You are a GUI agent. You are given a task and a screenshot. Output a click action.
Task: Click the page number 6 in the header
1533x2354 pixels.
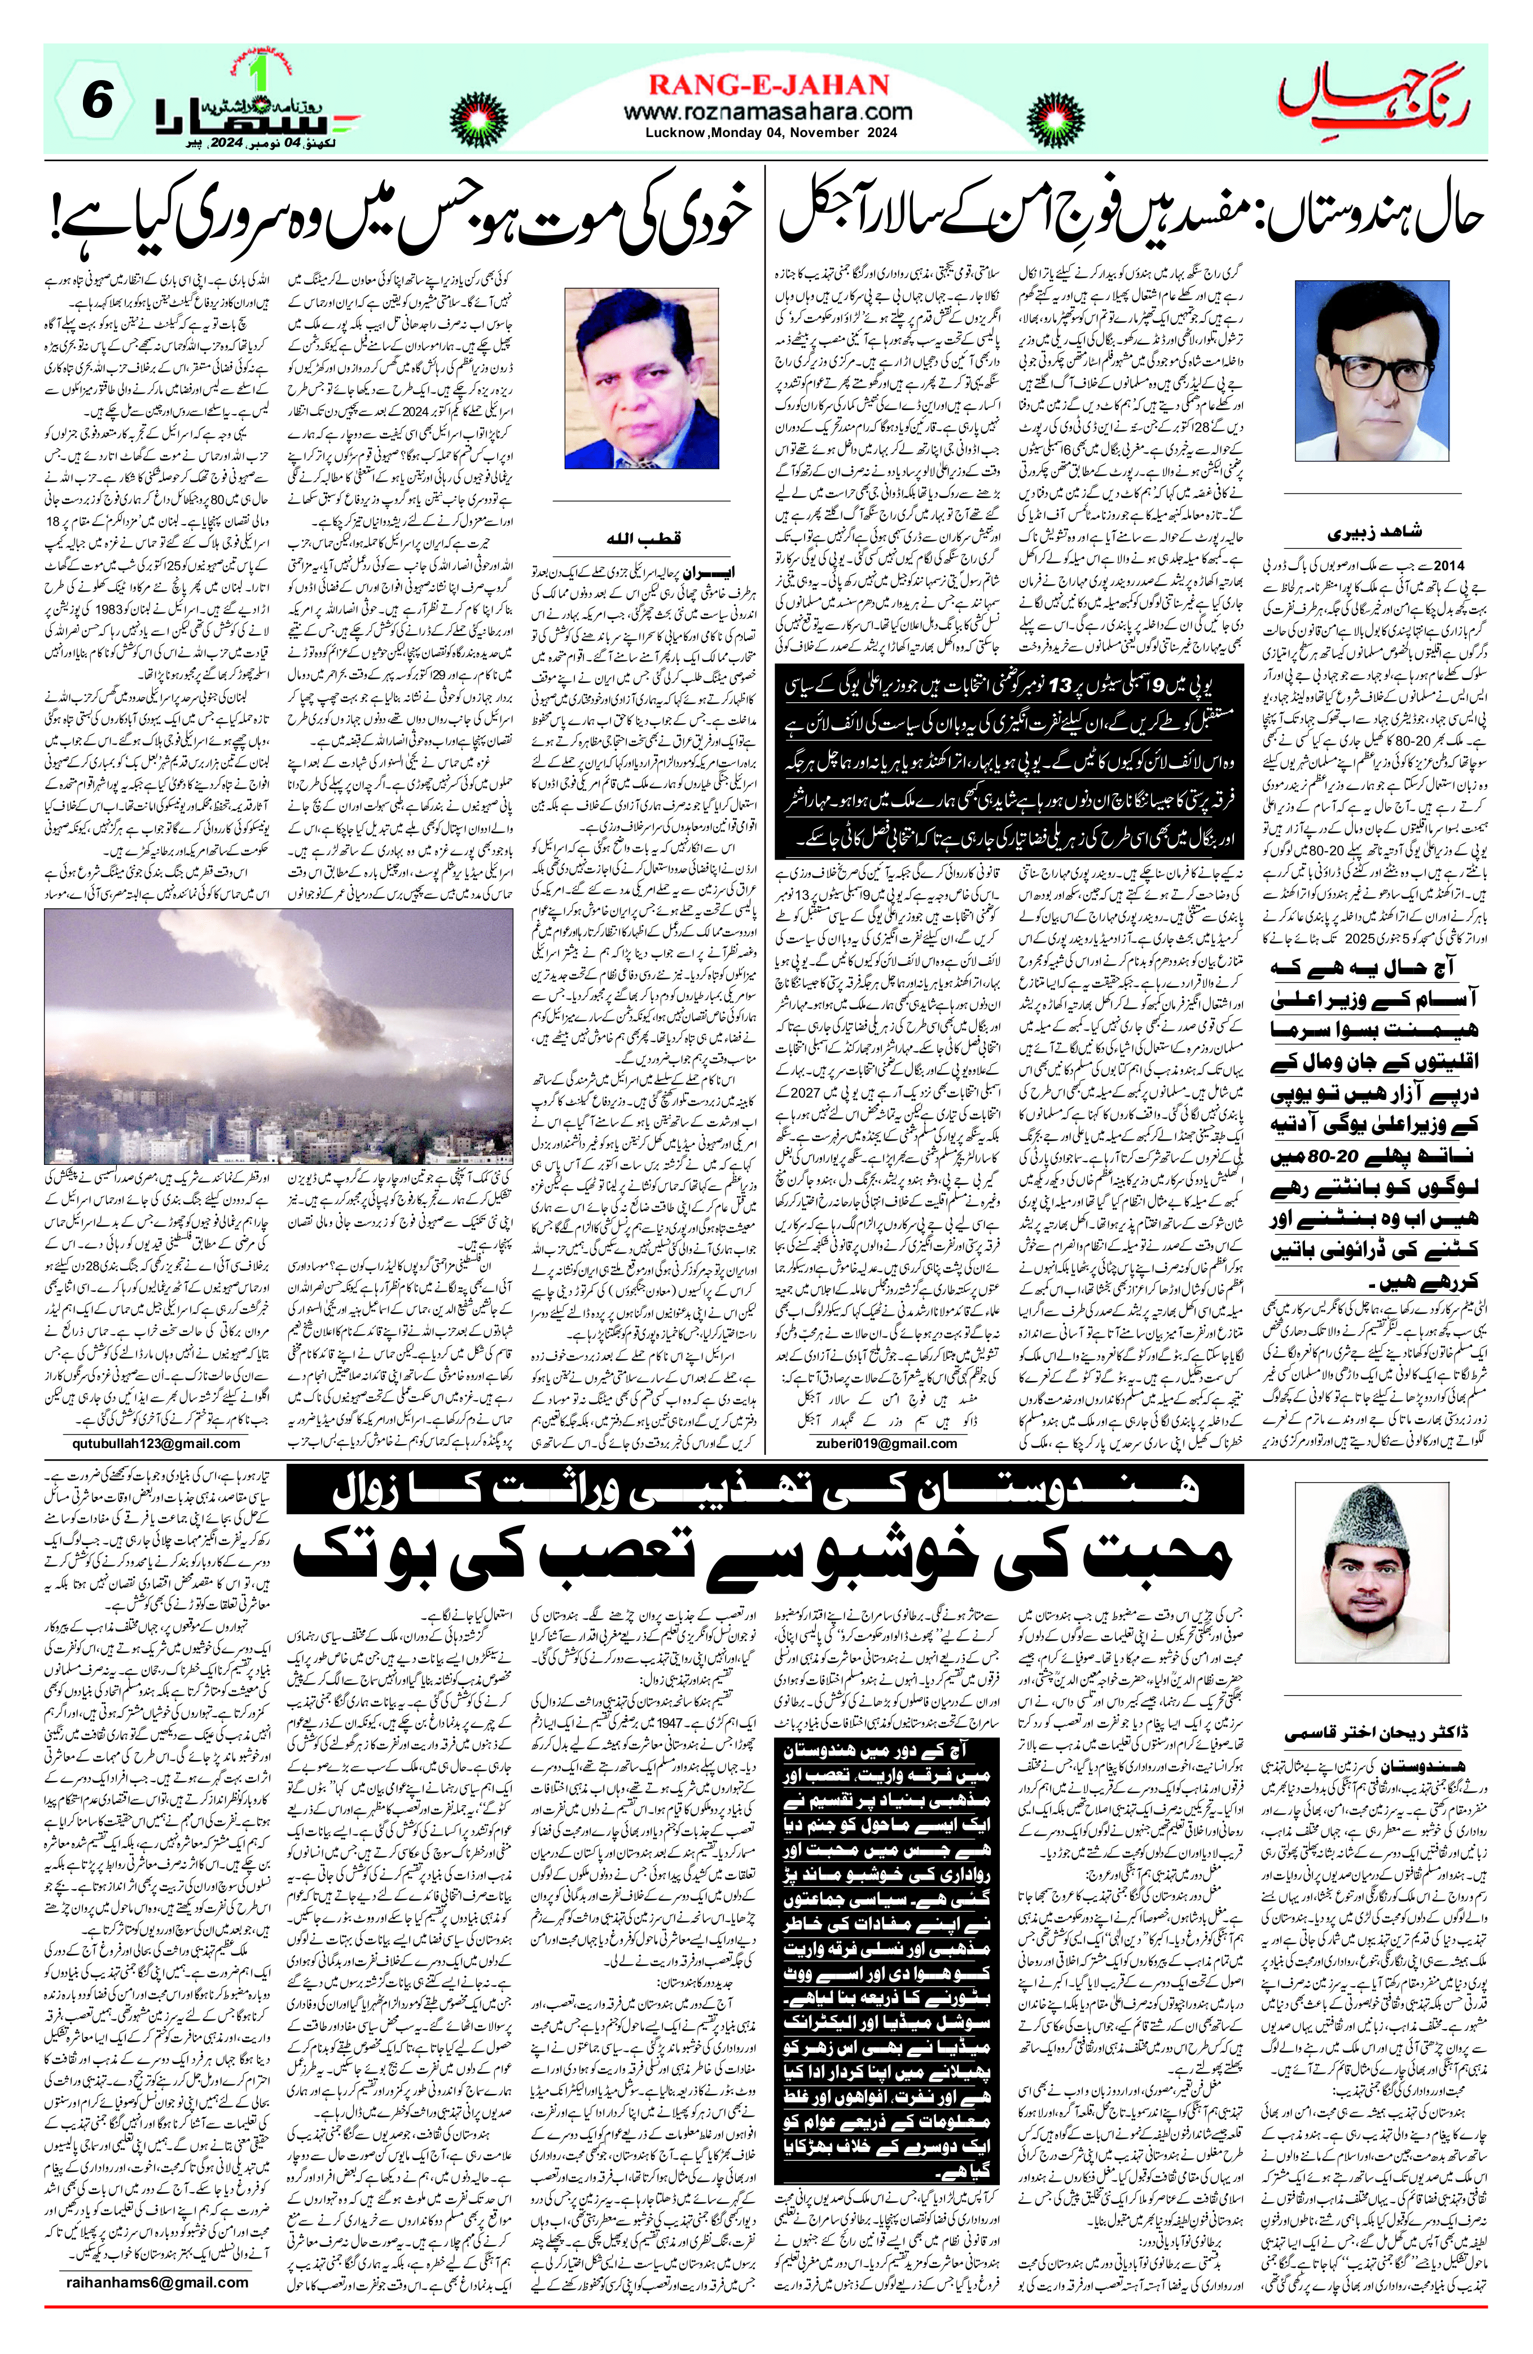(96, 102)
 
